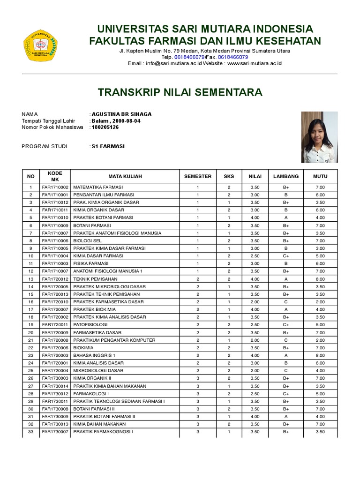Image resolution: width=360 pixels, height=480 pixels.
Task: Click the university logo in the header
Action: pos(40,45)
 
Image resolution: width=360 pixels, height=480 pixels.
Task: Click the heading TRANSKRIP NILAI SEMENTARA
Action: pos(180,92)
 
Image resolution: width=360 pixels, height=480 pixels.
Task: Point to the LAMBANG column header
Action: pos(286,176)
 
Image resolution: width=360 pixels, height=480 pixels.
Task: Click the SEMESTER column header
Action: pos(197,176)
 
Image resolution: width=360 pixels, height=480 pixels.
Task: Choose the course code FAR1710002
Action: pos(55,187)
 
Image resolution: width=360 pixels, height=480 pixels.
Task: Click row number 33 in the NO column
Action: pos(31,432)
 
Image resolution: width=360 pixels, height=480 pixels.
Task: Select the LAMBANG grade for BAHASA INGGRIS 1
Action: pos(286,355)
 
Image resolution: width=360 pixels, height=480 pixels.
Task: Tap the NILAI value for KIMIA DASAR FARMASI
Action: pos(255,256)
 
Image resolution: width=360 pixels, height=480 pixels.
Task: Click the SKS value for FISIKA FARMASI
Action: pos(229,263)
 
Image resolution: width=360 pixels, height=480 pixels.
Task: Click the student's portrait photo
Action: pos(319,137)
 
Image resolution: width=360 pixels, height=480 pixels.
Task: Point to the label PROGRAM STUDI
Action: pos(45,146)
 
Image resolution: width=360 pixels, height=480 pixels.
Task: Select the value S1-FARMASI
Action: pos(108,146)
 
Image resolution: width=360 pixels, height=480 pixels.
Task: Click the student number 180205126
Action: pos(105,127)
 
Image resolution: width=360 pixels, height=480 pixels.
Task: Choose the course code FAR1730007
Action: pos(55,432)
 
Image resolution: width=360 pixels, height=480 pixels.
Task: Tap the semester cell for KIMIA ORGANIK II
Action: pos(197,378)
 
